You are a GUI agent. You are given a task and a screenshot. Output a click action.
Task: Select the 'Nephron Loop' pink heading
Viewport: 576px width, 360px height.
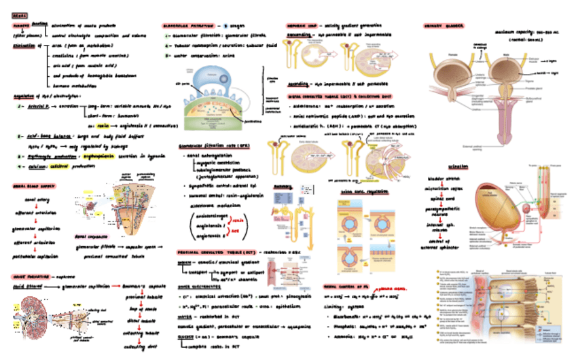[301, 24]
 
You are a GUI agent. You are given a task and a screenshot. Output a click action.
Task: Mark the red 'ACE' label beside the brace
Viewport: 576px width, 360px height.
[240, 231]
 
